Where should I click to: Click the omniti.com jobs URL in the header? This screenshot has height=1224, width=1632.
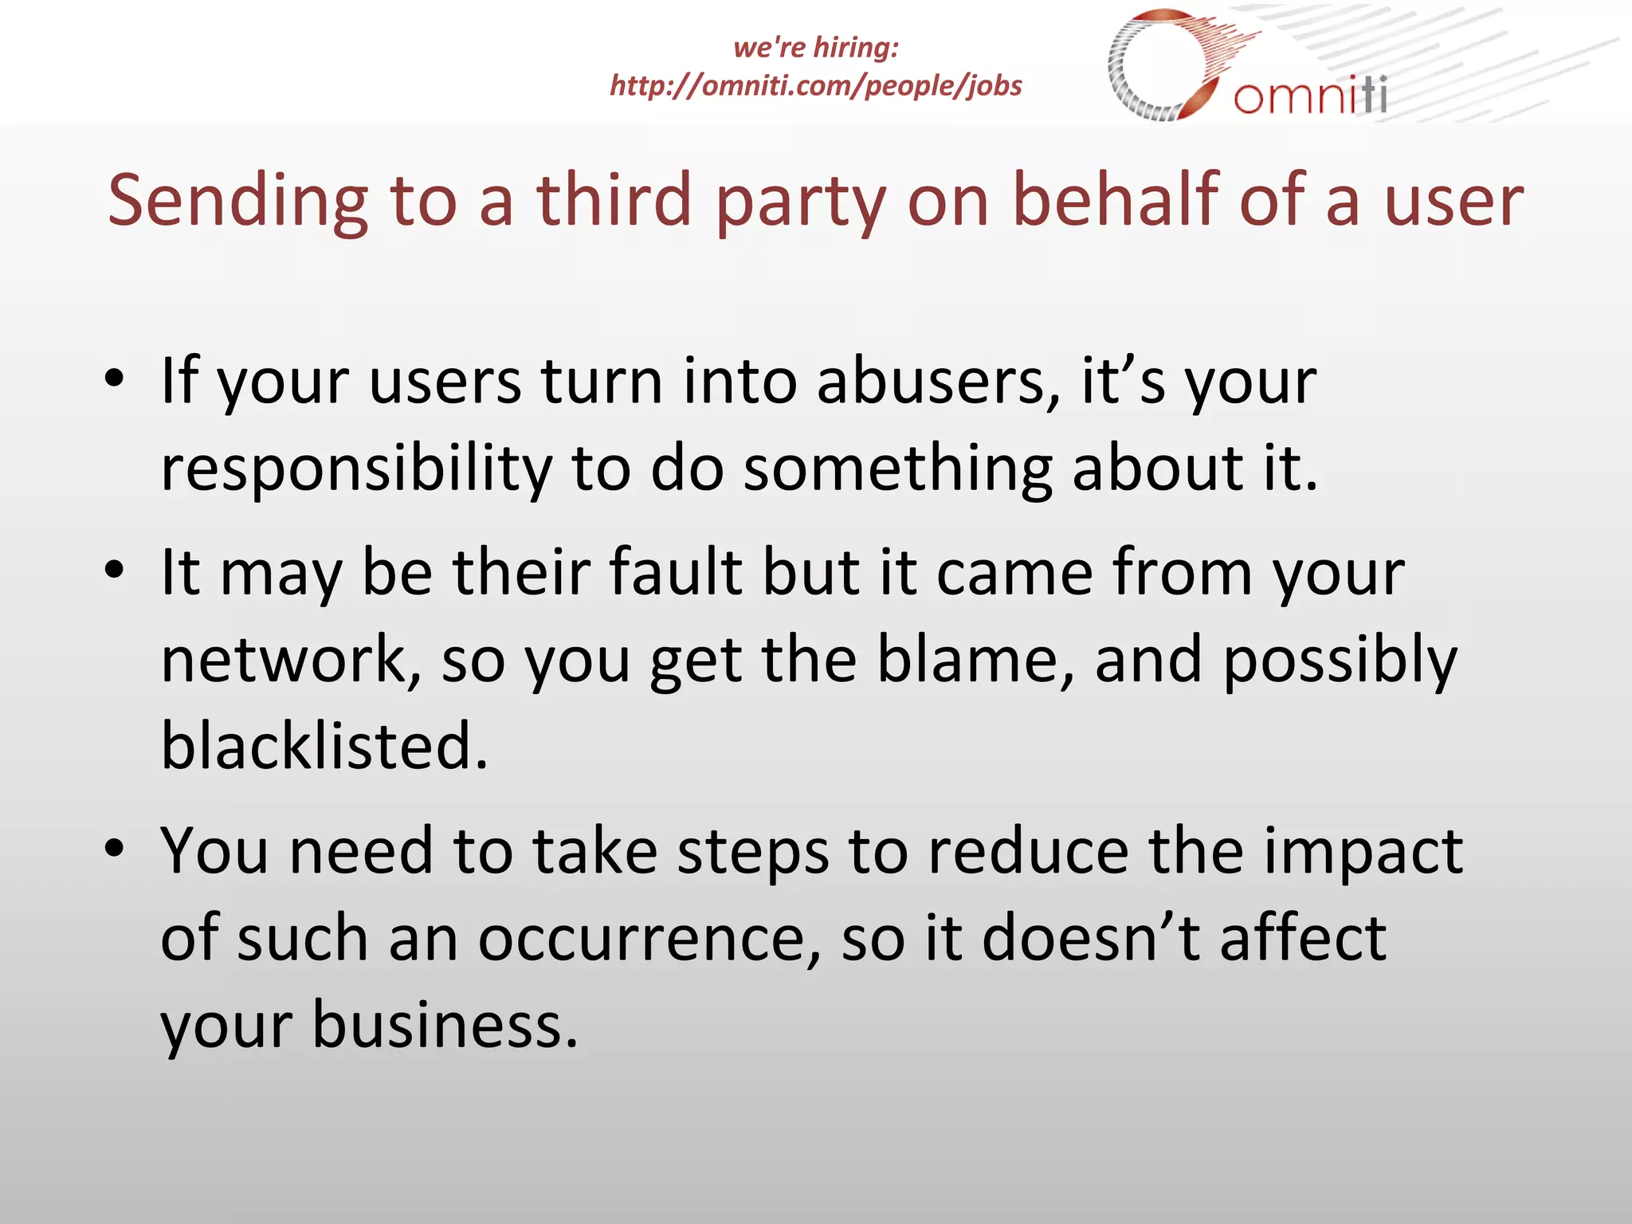(x=815, y=85)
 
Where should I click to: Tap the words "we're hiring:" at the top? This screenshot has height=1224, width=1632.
(x=815, y=48)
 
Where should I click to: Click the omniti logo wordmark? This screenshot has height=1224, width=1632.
(x=1310, y=96)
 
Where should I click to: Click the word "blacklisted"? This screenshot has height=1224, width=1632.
(x=324, y=746)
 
